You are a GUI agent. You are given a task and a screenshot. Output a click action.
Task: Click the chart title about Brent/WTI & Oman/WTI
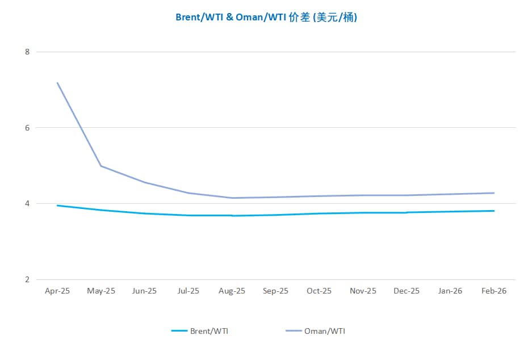[x=266, y=17]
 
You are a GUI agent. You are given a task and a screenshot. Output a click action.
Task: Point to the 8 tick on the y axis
[x=26, y=52]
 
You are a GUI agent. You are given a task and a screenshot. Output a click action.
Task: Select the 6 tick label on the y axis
[x=26, y=128]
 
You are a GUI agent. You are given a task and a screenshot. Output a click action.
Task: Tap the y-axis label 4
[x=26, y=203]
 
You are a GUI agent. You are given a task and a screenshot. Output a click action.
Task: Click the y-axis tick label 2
[x=26, y=279]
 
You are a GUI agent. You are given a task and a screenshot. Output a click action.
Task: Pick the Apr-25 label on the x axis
[x=57, y=291]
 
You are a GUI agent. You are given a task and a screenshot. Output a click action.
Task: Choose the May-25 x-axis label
[x=101, y=291]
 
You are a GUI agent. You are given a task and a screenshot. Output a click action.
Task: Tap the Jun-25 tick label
[x=144, y=291]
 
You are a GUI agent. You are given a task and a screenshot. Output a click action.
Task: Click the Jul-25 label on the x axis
[x=188, y=291]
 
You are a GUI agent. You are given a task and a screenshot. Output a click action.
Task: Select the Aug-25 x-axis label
[x=232, y=291]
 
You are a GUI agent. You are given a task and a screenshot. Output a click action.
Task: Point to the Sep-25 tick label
[x=275, y=291]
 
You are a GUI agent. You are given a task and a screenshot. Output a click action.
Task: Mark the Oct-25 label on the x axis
[x=319, y=291]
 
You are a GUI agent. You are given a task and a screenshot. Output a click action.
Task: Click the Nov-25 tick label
[x=363, y=291]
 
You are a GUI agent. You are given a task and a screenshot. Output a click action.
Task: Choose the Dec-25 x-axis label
[x=407, y=291]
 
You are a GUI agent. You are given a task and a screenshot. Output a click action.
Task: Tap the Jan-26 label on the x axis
[x=450, y=291]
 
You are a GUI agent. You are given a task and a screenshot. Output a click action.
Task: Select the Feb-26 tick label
[x=493, y=291]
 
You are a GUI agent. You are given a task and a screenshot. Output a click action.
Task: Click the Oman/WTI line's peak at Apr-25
[x=57, y=83]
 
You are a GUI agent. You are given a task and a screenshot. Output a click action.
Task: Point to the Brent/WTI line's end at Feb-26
[x=493, y=211]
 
